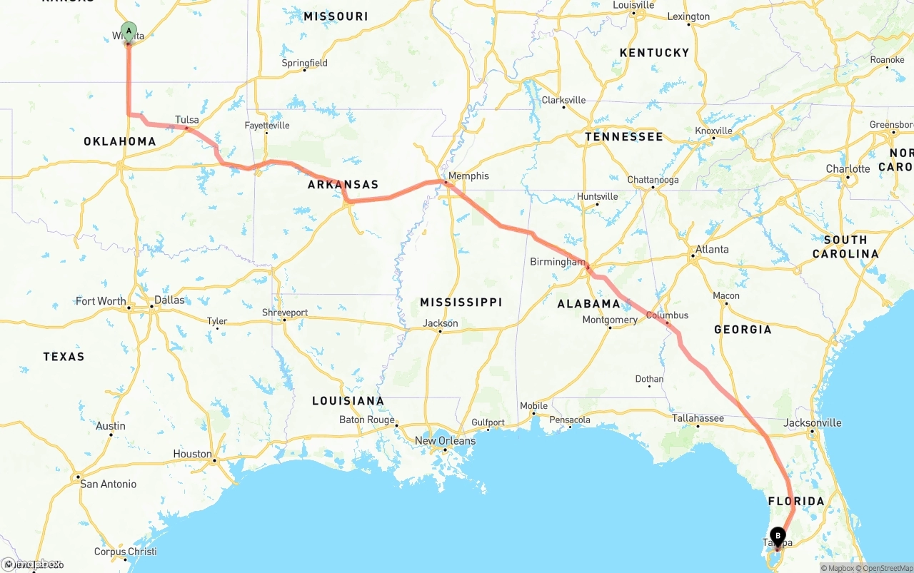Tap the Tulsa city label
(186, 120)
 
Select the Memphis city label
(468, 176)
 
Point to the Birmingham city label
(557, 262)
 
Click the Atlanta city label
(712, 249)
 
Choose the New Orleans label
(445, 441)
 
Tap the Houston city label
(192, 454)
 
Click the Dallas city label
(169, 300)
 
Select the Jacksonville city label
(812, 422)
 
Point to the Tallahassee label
(698, 418)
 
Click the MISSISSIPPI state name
(461, 303)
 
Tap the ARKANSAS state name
(343, 185)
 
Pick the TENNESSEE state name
(623, 136)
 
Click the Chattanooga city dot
(653, 188)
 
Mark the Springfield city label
(304, 63)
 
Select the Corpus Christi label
(125, 552)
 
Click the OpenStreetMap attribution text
(886, 568)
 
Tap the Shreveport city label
(285, 313)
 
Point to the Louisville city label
(633, 5)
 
